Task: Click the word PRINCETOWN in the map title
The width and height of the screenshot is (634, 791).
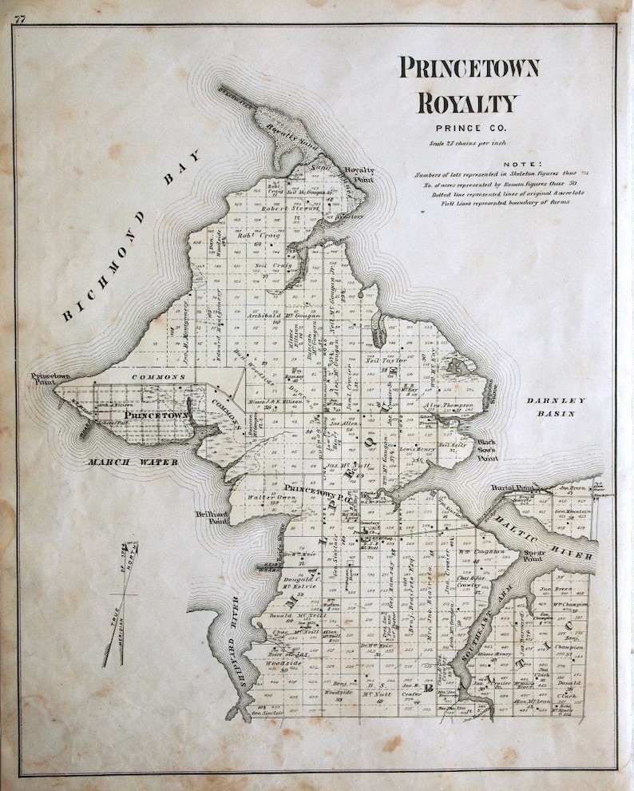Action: click(x=469, y=70)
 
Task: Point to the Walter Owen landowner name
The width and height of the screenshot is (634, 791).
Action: click(x=265, y=498)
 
